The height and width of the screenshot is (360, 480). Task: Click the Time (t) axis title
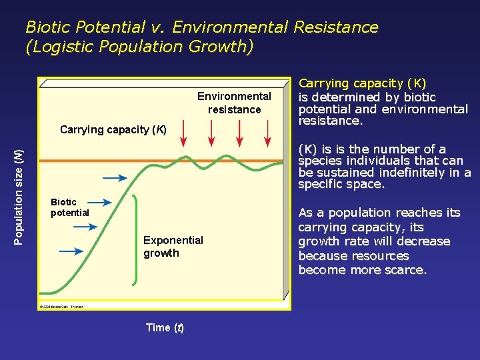(x=165, y=327)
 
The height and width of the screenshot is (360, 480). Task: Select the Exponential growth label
(x=173, y=246)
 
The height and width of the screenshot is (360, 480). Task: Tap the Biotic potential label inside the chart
(x=69, y=207)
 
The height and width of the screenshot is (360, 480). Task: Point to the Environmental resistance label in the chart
(x=234, y=103)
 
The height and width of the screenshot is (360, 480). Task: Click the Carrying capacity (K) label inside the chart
(x=113, y=129)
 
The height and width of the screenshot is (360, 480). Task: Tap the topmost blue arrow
(x=114, y=178)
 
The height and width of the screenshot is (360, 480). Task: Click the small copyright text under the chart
(x=61, y=307)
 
